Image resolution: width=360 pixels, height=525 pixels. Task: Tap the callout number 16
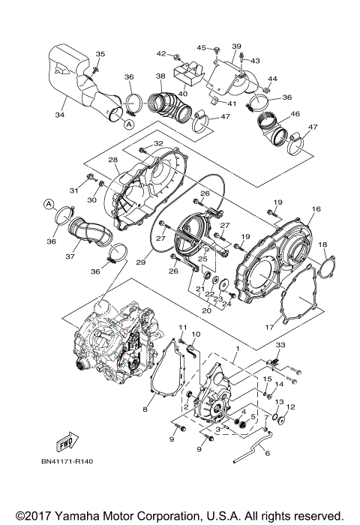tap(316, 209)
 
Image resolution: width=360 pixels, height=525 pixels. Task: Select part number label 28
tap(112, 160)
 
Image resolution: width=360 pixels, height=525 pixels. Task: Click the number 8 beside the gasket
tap(145, 409)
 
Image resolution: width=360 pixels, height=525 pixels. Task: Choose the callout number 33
tap(280, 344)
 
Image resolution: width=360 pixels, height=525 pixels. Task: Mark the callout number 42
tap(160, 54)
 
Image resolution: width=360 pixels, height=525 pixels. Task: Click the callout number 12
tap(291, 407)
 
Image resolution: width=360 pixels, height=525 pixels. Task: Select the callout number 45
tap(201, 48)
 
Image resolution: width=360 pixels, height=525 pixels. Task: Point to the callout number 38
tap(160, 76)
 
